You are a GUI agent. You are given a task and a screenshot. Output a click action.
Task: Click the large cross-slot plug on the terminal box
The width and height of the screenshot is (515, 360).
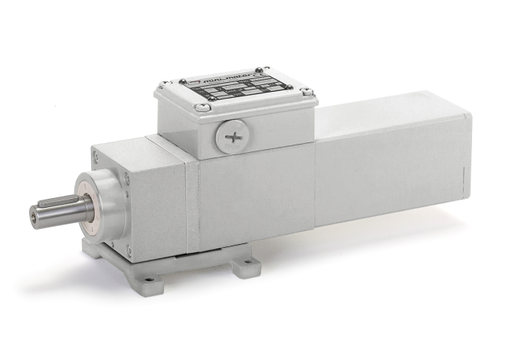(229, 138)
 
